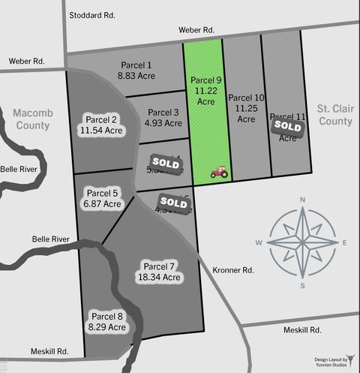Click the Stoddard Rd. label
pos(92,15)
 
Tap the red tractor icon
pos(220,173)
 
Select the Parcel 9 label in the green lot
pos(205,80)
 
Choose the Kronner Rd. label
pos(234,269)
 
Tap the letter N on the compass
pos(302,200)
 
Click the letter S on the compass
pos(302,284)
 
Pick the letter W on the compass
pos(259,242)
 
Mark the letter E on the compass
pos(344,242)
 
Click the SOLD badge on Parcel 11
pos(287,127)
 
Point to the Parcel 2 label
pos(102,119)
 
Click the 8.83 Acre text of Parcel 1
pos(135,76)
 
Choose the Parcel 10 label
pos(246,98)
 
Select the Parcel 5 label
pos(103,193)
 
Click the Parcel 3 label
pos(163,113)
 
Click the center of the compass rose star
pos(302,242)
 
